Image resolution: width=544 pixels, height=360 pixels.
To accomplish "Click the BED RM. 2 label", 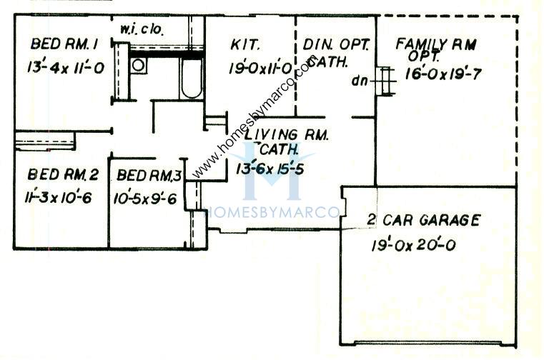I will coord(63,174).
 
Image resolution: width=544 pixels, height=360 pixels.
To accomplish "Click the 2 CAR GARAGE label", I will coord(423,220).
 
